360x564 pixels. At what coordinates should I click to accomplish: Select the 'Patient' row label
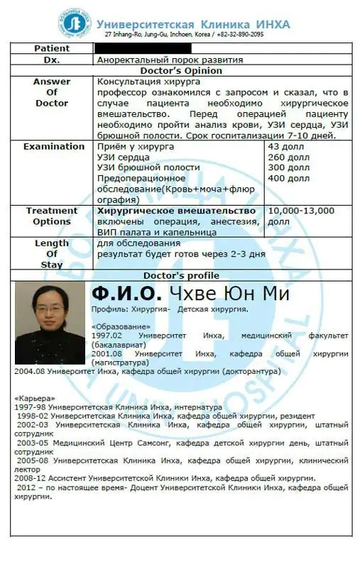click(52, 48)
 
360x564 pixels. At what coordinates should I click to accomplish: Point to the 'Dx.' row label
click(52, 60)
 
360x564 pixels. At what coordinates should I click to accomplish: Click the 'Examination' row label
click(53, 146)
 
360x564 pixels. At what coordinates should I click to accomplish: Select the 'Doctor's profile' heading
click(181, 275)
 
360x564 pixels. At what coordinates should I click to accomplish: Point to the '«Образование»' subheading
click(118, 326)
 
